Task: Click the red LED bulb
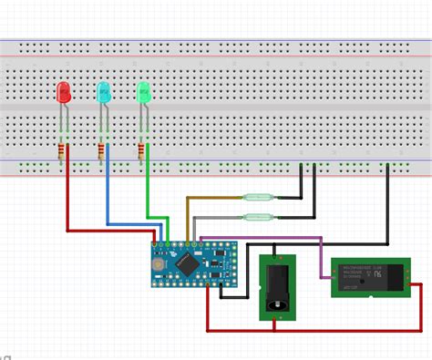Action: pyautogui.click(x=64, y=91)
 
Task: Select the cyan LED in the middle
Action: pyautogui.click(x=104, y=91)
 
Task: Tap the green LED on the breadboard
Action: pyautogui.click(x=144, y=91)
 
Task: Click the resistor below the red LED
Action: pyautogui.click(x=63, y=151)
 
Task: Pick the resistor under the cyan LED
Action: pyautogui.click(x=101, y=151)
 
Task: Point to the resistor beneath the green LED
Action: pyautogui.click(x=141, y=151)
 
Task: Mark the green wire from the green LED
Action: pyautogui.click(x=149, y=191)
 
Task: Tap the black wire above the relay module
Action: pyautogui.click(x=389, y=210)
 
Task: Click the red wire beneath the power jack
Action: pyautogui.click(x=273, y=329)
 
